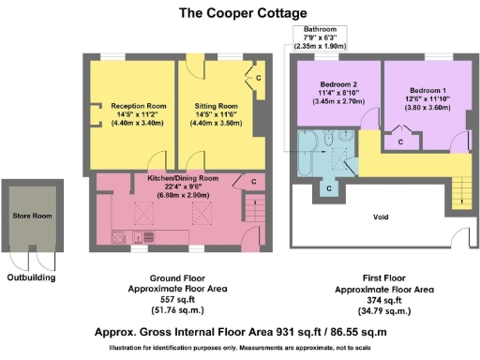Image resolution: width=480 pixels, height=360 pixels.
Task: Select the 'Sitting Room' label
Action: (x=216, y=106)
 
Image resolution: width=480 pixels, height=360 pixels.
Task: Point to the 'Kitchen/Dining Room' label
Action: (x=183, y=178)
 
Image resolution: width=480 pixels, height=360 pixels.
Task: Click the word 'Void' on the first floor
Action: (x=381, y=217)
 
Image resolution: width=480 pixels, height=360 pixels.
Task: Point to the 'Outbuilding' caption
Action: (x=32, y=277)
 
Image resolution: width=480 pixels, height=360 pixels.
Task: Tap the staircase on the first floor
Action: (x=459, y=192)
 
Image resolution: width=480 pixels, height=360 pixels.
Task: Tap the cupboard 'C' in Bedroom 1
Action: (x=400, y=141)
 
